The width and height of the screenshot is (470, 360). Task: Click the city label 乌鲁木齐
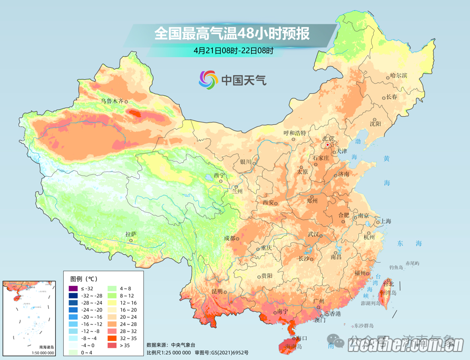[x=111, y=101]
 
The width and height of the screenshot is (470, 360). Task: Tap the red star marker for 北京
[x=328, y=145]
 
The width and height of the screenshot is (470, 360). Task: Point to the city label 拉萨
[x=131, y=234]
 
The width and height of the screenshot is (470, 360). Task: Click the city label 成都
[x=229, y=238]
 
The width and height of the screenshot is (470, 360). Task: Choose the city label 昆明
[x=216, y=291]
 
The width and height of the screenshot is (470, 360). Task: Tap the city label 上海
[x=386, y=221]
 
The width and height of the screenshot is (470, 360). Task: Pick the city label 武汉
[x=313, y=234]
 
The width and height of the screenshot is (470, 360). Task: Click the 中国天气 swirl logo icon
[x=208, y=79]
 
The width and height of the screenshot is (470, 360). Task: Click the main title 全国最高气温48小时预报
[x=231, y=34]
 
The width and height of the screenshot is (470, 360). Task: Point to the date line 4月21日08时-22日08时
[x=233, y=50]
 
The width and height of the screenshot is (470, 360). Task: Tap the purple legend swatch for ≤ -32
[x=74, y=288]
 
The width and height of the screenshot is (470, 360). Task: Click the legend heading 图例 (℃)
[x=83, y=278]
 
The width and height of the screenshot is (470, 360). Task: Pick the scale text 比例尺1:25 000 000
[x=168, y=352]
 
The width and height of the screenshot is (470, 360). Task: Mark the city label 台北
[x=388, y=284]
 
